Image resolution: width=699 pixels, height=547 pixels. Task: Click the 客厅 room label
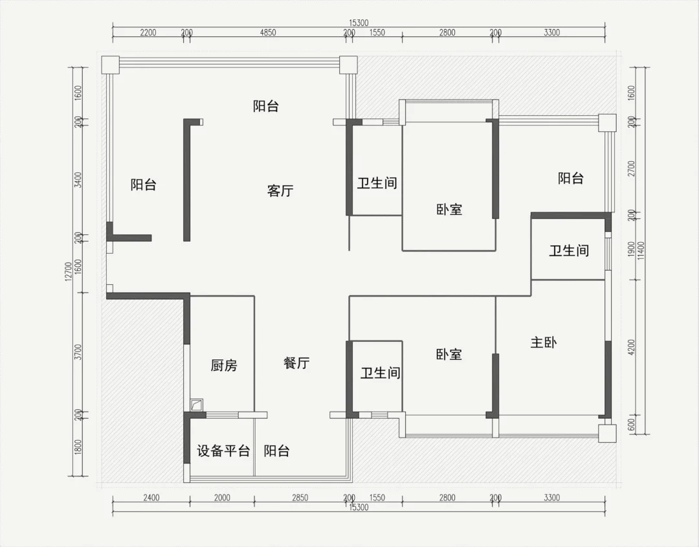(280, 191)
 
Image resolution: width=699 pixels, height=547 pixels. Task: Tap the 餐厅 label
(296, 363)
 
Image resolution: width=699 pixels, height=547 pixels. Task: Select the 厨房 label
(224, 366)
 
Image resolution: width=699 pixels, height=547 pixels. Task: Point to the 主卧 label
(544, 342)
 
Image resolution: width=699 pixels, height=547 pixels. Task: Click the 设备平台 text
(223, 451)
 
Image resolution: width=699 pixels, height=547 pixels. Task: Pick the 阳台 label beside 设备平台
(276, 451)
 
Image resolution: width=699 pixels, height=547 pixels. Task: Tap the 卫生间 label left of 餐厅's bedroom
(381, 373)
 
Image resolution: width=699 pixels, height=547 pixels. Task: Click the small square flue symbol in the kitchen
(196, 405)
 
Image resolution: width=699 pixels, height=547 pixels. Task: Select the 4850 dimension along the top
(268, 32)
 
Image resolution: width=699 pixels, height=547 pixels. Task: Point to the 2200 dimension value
(148, 32)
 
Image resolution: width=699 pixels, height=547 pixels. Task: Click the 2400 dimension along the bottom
(151, 498)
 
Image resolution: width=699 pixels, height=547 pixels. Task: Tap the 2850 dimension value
(300, 498)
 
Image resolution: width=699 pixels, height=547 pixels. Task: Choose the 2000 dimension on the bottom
(222, 498)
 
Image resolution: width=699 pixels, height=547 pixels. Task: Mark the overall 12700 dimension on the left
(68, 271)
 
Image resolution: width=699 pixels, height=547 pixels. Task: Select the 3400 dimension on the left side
(78, 180)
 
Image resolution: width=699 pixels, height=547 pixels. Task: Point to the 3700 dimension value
(78, 352)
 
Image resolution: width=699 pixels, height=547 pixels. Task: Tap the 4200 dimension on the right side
(631, 348)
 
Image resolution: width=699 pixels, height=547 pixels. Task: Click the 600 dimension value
(631, 425)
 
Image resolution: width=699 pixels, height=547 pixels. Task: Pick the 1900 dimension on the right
(631, 249)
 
